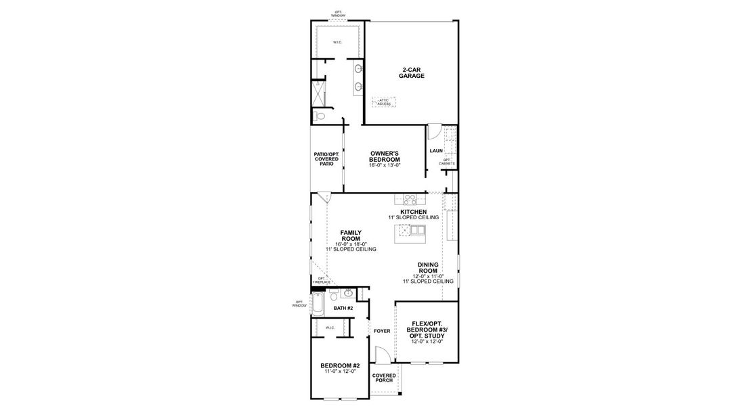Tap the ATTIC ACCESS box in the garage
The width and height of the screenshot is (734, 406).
tap(384, 101)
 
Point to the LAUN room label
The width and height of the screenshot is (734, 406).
tap(435, 150)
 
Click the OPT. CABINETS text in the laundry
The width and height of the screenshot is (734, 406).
tap(447, 162)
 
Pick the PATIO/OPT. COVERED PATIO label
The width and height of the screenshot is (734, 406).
tap(326, 159)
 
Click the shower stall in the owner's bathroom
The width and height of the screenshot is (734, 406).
tap(320, 93)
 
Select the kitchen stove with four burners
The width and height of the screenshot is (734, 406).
tap(410, 199)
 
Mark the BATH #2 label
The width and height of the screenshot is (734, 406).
tap(343, 308)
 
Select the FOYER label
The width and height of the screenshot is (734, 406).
tap(381, 331)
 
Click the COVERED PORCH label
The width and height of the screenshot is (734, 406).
tap(383, 377)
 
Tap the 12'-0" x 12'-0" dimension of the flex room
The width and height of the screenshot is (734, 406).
tap(427, 342)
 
